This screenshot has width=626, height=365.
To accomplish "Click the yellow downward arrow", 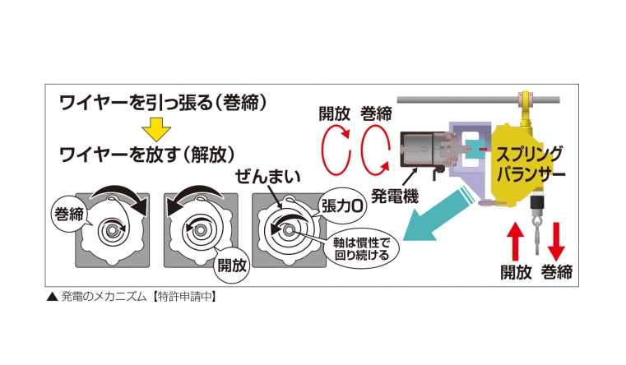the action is [x=156, y=128].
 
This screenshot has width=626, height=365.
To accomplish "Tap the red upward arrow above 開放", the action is [x=516, y=241].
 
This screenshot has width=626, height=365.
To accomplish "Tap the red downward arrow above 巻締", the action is [x=556, y=241].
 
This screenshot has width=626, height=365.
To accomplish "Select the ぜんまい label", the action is [x=267, y=176].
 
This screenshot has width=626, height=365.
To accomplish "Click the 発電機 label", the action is [x=395, y=196].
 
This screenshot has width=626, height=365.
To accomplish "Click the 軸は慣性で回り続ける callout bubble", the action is [x=361, y=249].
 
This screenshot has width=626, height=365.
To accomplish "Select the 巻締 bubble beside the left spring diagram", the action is [x=69, y=215].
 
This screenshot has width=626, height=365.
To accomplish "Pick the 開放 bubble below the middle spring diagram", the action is [x=231, y=266].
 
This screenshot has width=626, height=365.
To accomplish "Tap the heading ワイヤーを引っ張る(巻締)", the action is [x=163, y=103].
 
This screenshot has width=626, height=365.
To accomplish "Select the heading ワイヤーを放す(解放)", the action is [x=146, y=155].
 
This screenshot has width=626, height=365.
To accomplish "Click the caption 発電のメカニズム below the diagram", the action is [x=104, y=297].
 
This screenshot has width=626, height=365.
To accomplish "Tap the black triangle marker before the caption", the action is [x=53, y=298].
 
